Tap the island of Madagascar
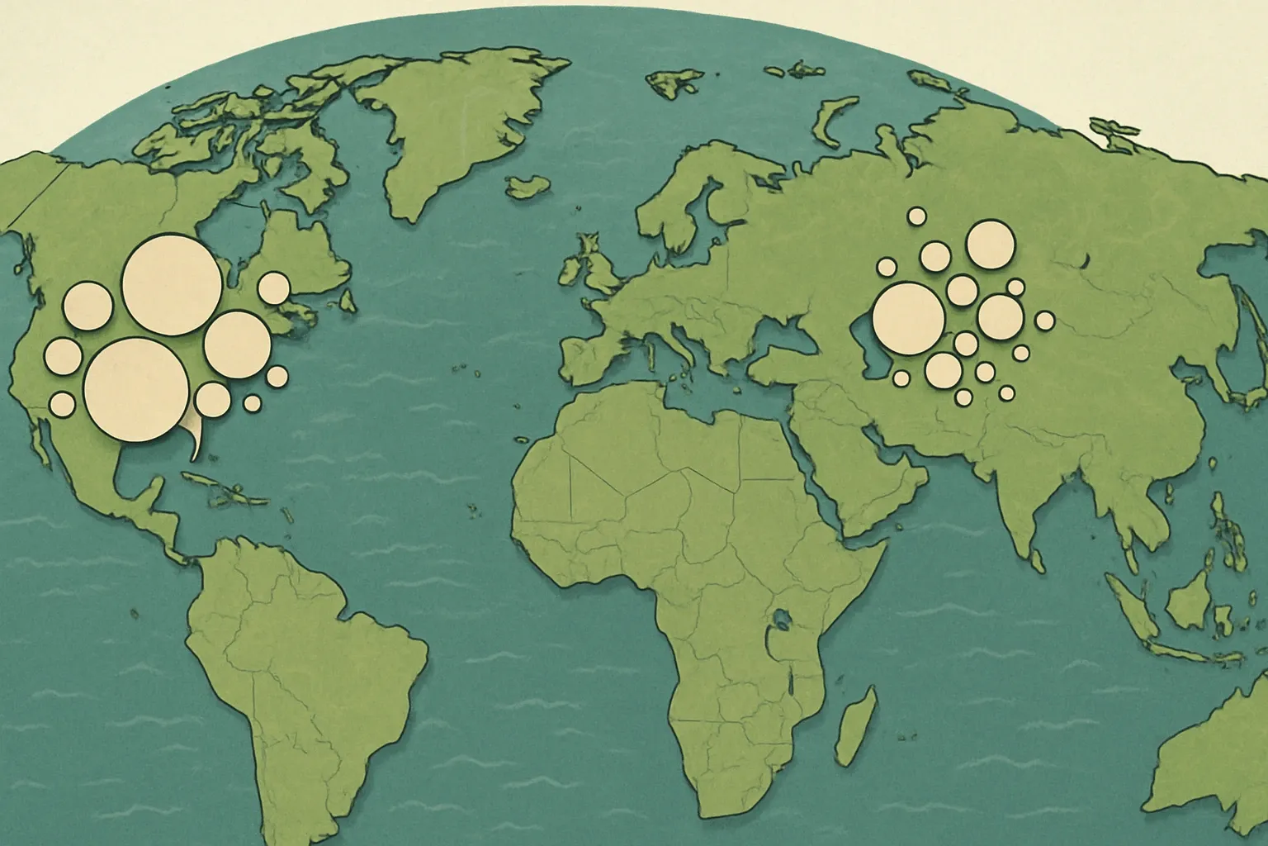tap(856, 727)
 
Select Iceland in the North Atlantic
tap(529, 186)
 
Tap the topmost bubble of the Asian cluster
tap(916, 216)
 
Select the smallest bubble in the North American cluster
tap(253, 403)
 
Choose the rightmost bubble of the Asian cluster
tap(1045, 320)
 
